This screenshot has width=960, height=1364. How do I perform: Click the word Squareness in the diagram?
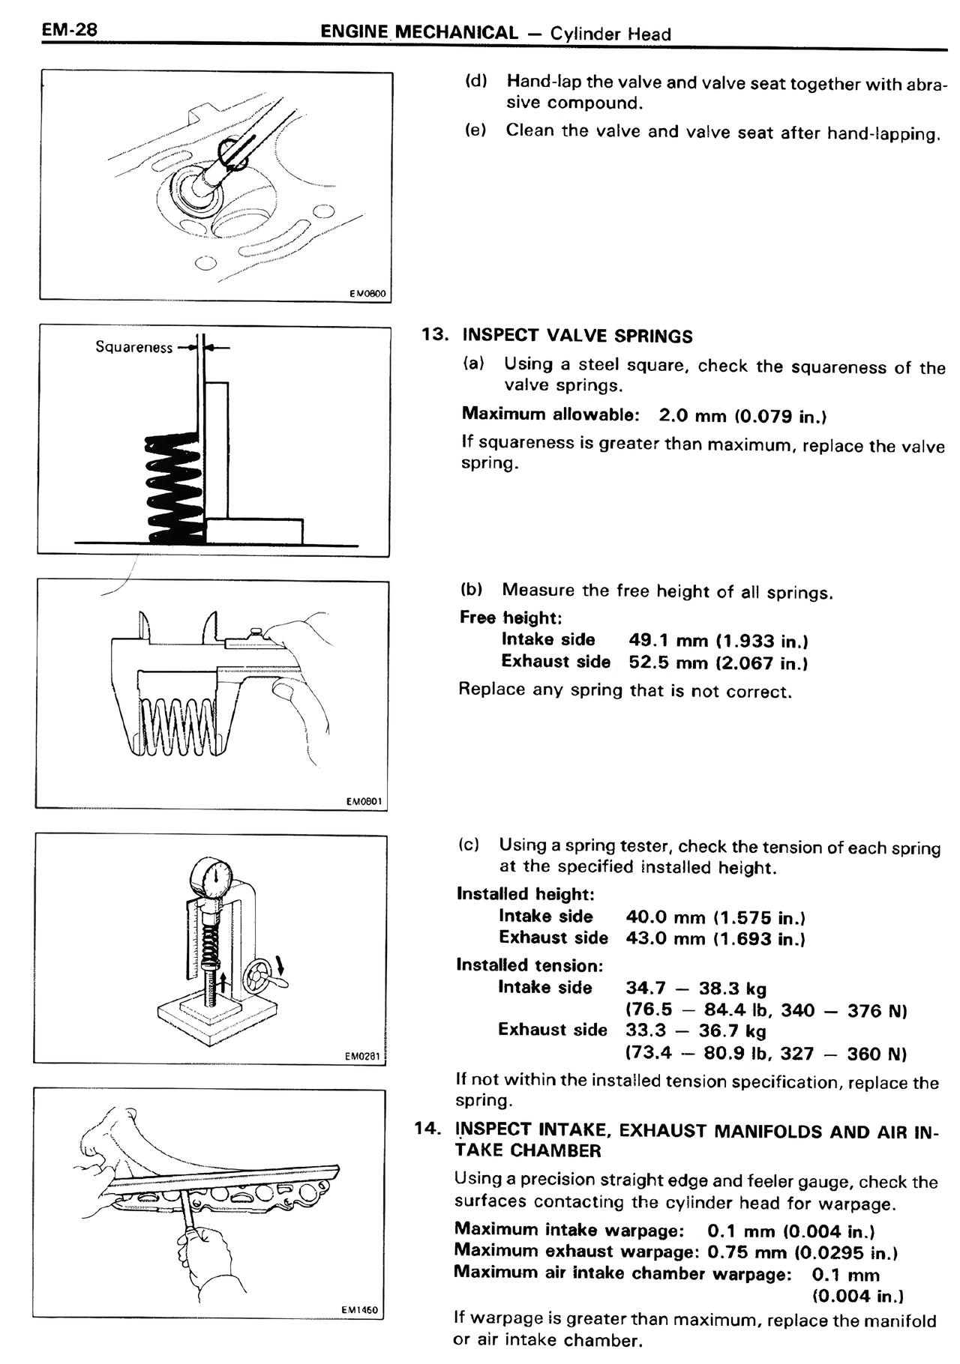(x=133, y=347)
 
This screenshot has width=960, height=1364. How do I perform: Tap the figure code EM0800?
(x=367, y=294)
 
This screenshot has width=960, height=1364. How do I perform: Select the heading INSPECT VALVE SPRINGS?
(x=577, y=336)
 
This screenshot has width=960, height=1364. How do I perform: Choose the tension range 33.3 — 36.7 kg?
(x=695, y=1031)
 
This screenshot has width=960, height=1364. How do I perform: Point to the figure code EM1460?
(x=360, y=1310)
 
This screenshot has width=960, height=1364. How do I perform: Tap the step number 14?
(x=427, y=1129)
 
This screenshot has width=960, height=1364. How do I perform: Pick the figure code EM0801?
(x=364, y=802)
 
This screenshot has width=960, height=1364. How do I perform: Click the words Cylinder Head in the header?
(x=610, y=34)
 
